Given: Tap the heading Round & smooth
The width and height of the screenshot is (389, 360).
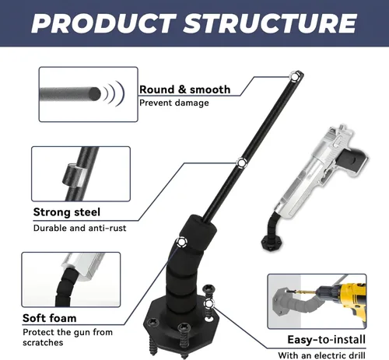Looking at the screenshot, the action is (x=185, y=89).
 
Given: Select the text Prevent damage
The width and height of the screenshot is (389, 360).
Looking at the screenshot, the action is (x=174, y=103).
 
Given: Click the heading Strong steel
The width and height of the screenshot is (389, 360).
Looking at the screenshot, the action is (x=67, y=212).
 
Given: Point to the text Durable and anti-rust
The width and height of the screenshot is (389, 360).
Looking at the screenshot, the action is (x=80, y=228).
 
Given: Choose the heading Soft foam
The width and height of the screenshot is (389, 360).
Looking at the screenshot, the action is (x=50, y=318).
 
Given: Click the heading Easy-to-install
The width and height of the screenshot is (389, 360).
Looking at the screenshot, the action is (x=327, y=340).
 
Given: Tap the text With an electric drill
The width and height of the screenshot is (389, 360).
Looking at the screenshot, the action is (x=321, y=355).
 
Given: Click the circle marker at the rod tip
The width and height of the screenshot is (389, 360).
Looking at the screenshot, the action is (x=294, y=76).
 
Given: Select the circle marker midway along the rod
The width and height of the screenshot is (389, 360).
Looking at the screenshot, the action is (x=241, y=163).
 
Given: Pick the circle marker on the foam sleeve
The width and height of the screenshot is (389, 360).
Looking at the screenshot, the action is (x=181, y=242).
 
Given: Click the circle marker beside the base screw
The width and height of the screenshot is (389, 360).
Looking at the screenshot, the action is (x=209, y=303).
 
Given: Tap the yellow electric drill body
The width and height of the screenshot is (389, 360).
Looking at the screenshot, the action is (x=352, y=301).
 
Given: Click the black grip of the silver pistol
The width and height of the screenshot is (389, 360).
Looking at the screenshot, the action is (x=352, y=158).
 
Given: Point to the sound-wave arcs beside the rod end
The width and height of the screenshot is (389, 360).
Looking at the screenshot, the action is (x=115, y=93).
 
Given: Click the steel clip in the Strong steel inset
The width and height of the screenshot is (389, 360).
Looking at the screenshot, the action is (x=72, y=175).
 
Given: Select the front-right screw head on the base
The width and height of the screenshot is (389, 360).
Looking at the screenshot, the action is (x=184, y=327).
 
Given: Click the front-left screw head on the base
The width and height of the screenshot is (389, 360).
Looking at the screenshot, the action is (x=152, y=323).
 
